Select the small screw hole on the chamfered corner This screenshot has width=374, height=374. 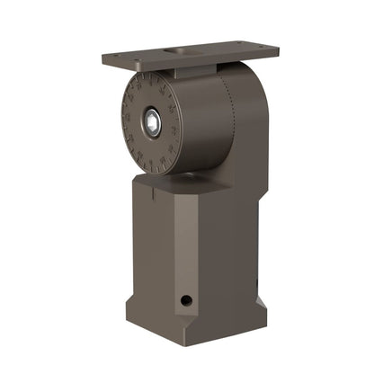click(x=186, y=299)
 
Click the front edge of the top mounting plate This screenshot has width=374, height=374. click(x=180, y=63)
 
